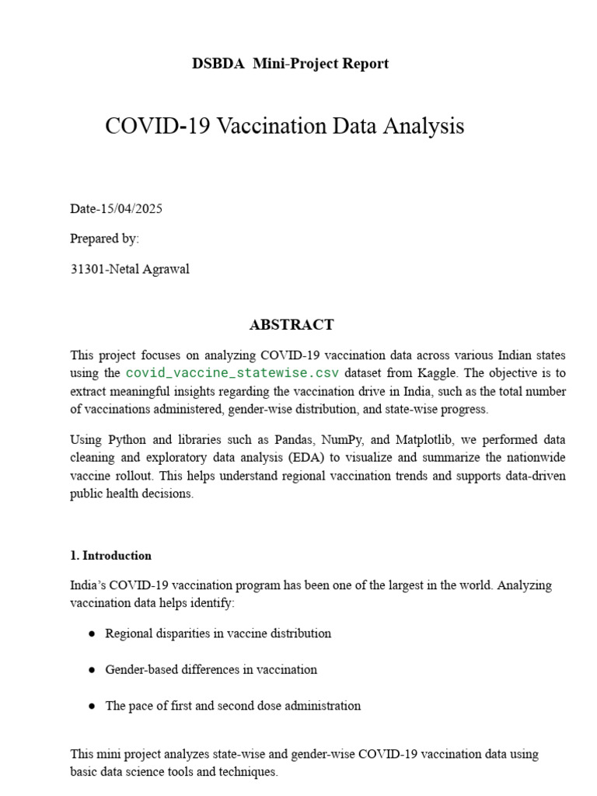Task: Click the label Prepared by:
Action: (x=104, y=239)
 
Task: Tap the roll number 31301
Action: (x=86, y=270)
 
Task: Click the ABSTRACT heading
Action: (x=292, y=325)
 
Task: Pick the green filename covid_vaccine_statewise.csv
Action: (x=232, y=373)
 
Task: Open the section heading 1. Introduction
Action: (x=110, y=556)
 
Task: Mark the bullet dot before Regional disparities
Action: (x=91, y=634)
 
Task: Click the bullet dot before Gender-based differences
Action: (x=91, y=670)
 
